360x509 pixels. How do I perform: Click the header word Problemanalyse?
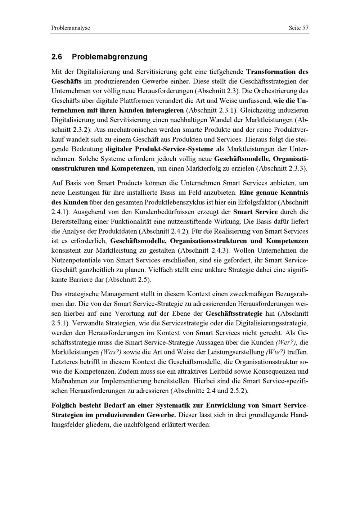[71, 28]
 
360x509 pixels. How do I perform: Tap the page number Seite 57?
[298, 28]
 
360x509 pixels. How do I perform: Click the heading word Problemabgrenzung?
[110, 57]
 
